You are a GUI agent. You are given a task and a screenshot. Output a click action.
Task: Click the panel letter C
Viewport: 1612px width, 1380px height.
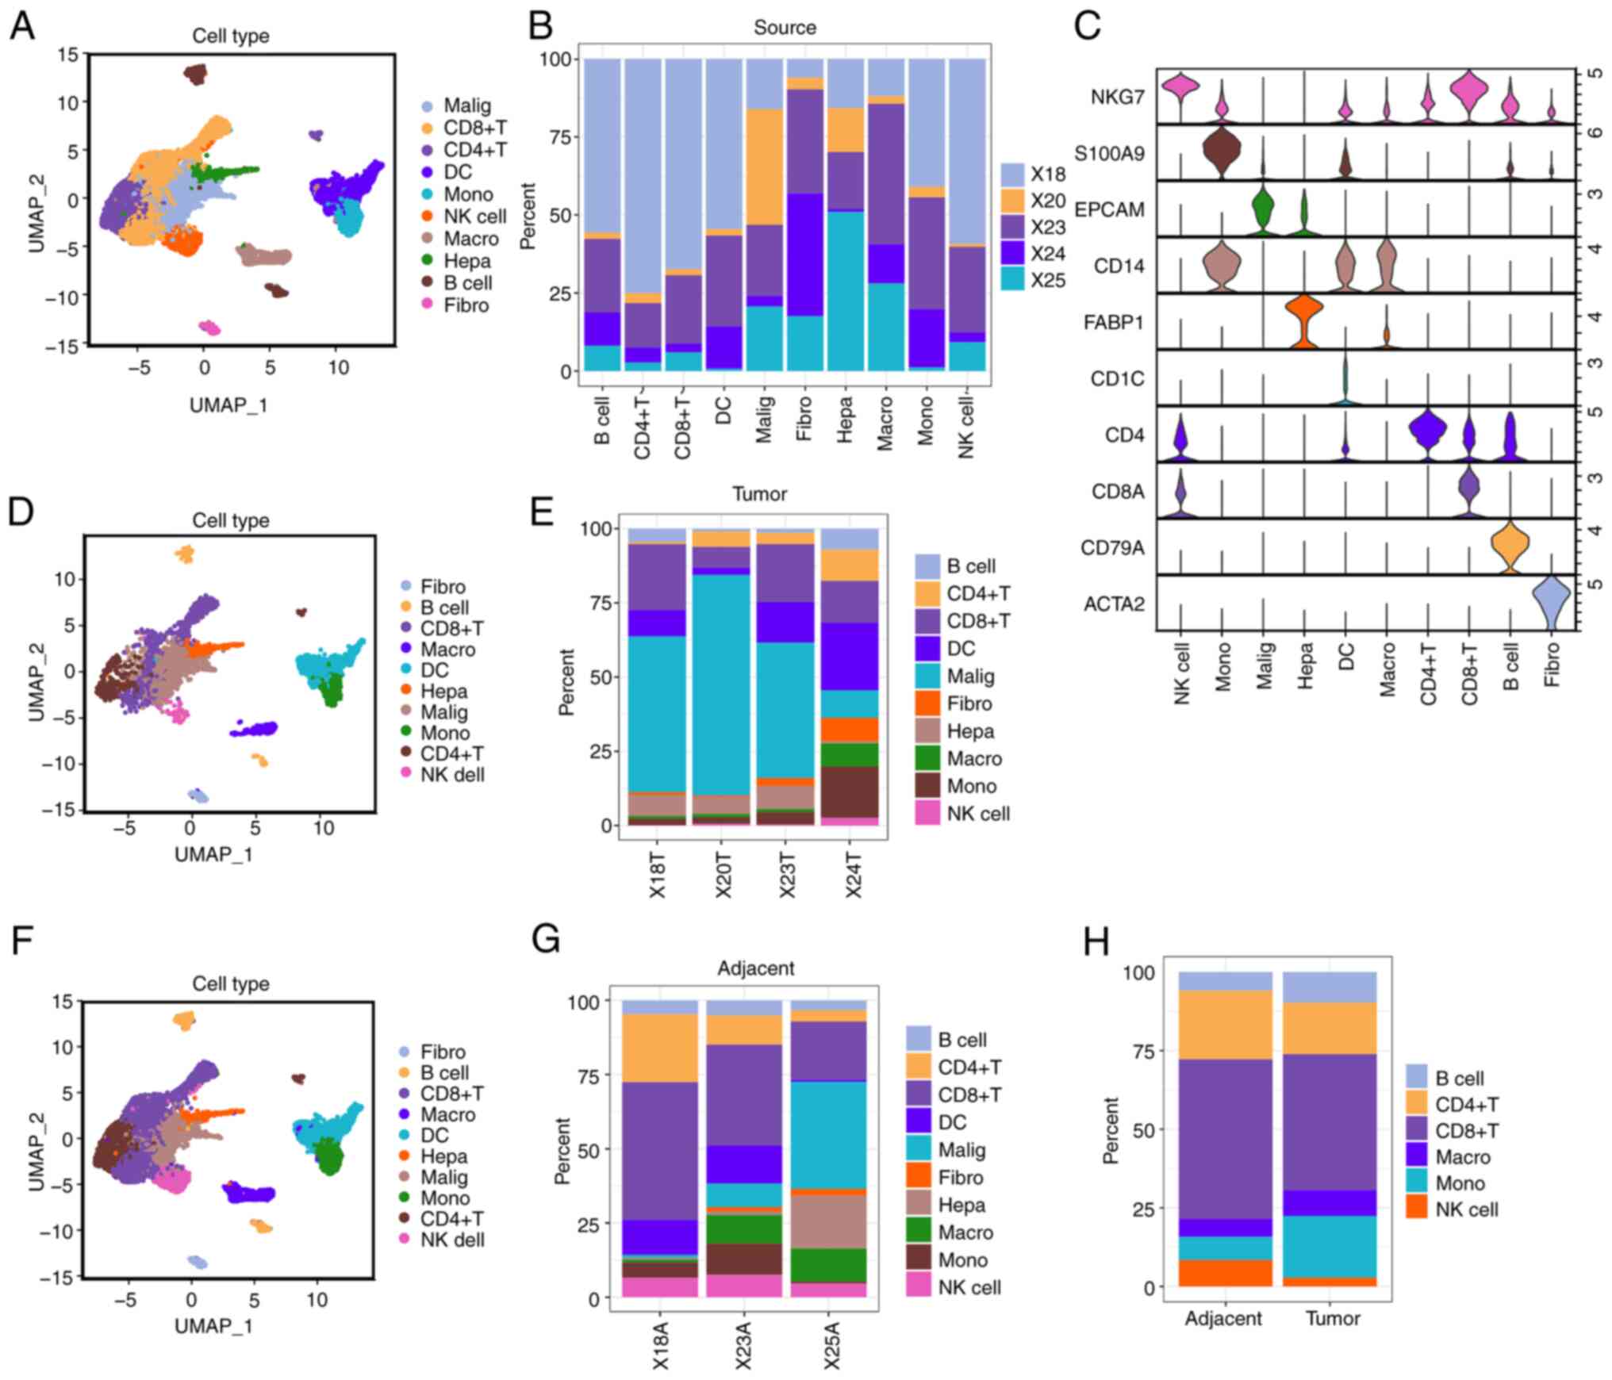coord(1087,25)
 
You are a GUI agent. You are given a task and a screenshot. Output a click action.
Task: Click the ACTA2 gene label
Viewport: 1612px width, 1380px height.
coord(1114,604)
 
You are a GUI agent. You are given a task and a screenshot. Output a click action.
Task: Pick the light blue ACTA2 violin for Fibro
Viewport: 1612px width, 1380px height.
coord(1552,603)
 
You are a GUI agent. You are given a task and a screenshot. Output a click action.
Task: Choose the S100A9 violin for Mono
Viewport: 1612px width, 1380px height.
coord(1222,151)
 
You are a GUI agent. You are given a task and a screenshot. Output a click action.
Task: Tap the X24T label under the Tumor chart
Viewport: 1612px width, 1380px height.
coord(852,876)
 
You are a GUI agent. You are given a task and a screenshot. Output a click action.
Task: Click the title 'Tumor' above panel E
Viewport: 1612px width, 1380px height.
coord(759,494)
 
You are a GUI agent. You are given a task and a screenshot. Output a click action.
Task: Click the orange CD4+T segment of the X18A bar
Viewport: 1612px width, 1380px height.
coord(660,1048)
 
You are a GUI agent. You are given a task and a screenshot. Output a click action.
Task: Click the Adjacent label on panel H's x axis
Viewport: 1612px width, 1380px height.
coord(1223,1318)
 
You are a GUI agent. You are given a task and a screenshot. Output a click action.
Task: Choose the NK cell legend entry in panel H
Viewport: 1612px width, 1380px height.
coord(1466,1209)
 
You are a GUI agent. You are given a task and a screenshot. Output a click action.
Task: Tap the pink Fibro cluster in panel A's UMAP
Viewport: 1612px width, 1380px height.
coord(209,327)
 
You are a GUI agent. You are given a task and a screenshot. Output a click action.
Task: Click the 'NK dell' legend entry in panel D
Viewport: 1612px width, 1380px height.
coord(452,775)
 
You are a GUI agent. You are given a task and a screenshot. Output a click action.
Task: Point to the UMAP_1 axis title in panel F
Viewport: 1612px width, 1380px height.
coord(213,1325)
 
